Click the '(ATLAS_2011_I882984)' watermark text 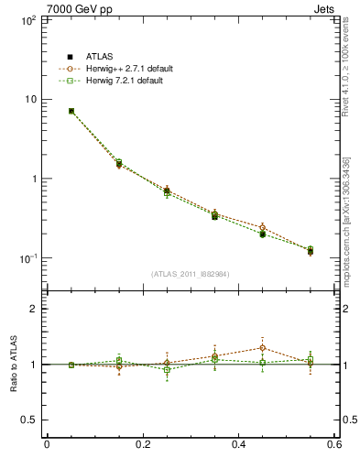pyautogui.click(x=191, y=274)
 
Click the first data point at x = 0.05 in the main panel pyautogui.click(x=71, y=111)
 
